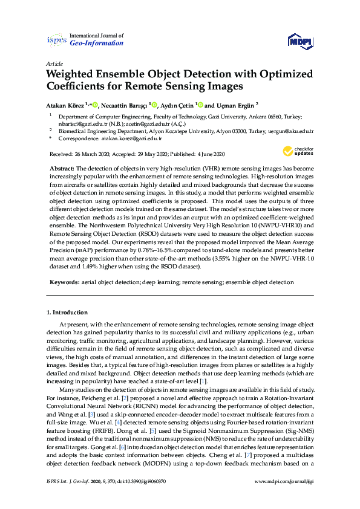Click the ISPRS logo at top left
(56, 40)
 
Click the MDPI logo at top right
(301, 41)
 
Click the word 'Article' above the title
(54, 63)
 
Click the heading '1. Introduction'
(67, 313)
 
